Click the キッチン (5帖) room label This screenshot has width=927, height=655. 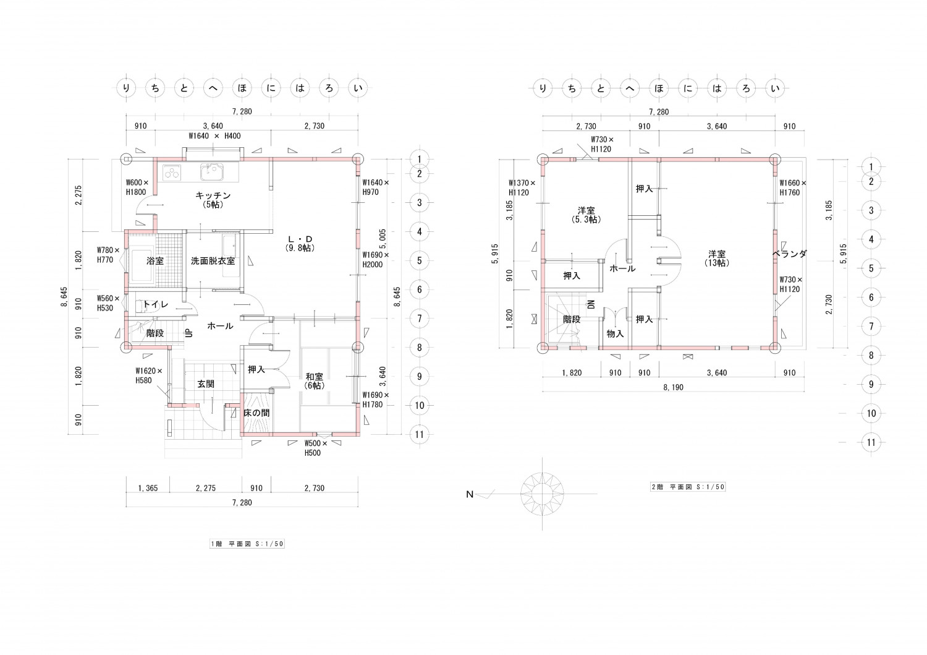point(213,200)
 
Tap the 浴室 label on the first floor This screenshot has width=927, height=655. point(155,261)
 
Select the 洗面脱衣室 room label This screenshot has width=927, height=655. point(213,261)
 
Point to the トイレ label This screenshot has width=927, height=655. point(156,304)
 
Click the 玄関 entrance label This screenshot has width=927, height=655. point(206,384)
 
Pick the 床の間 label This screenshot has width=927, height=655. point(256,413)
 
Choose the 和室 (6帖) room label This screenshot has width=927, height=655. point(314,381)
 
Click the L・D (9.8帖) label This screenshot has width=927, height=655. point(300,244)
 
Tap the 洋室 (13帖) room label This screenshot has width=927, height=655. point(717,258)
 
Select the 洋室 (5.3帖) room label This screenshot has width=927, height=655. point(586,215)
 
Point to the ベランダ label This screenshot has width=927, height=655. point(790,254)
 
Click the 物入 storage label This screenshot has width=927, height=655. point(615,333)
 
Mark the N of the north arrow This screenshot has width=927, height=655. point(470,494)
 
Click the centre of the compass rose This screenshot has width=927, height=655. point(542,494)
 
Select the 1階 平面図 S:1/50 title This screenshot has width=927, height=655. point(247,544)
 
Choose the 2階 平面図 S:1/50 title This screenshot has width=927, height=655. point(688,487)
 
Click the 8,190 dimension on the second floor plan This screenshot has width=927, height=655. point(674,387)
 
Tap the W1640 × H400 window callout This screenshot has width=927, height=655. point(214,136)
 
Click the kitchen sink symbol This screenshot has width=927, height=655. point(213,172)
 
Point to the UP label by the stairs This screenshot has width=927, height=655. point(189,333)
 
